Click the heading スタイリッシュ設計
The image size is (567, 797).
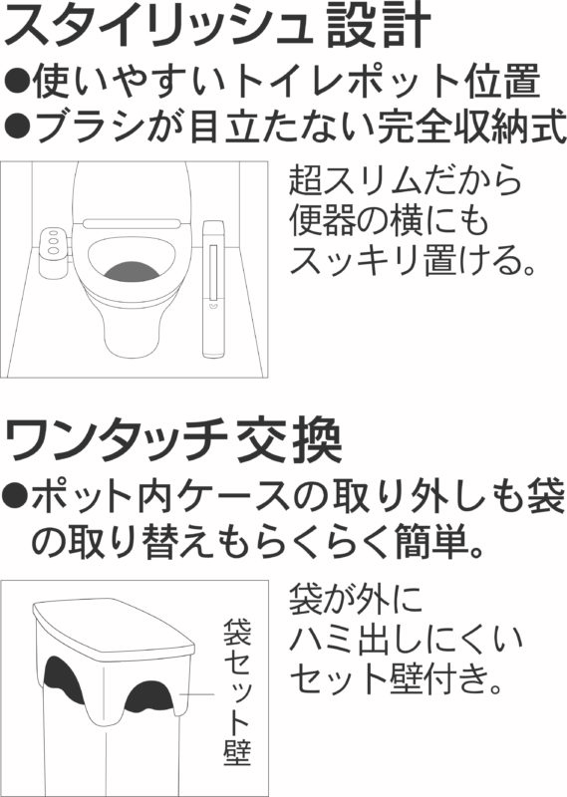(217, 26)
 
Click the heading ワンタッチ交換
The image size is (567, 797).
(173, 439)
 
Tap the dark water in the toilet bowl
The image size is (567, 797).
(132, 271)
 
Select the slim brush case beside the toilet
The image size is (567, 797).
(213, 288)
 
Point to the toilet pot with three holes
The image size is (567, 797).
(53, 252)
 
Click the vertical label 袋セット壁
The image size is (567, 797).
(237, 691)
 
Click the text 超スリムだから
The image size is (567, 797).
(406, 179)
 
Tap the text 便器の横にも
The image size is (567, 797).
(389, 220)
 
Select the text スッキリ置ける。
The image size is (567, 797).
(413, 261)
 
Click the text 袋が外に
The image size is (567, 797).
(356, 599)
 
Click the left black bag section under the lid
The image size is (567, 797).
(64, 679)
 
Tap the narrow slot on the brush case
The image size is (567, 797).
(213, 270)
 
